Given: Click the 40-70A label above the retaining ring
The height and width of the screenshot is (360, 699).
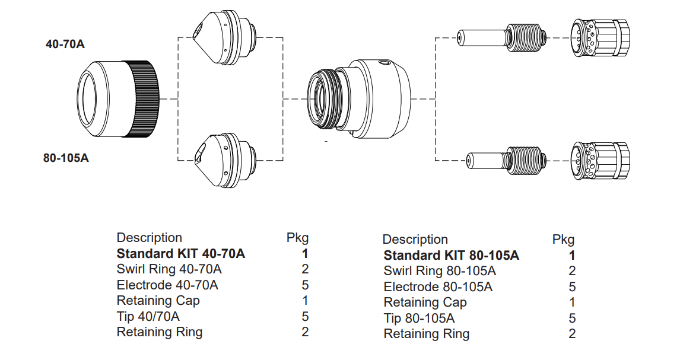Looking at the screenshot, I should click(x=65, y=44).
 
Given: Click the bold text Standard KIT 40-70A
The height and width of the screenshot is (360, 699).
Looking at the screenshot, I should click(x=180, y=254).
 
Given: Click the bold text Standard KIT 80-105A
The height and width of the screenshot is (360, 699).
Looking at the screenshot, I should click(x=451, y=256).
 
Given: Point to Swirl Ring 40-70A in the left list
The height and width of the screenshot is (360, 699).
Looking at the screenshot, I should click(x=169, y=269).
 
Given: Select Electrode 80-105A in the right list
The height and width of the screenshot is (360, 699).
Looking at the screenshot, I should click(x=438, y=287).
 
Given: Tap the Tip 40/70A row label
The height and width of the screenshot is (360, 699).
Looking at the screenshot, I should click(x=148, y=316).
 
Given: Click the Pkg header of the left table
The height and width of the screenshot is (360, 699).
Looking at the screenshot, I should click(x=297, y=238).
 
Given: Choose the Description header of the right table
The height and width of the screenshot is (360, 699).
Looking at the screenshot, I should click(x=415, y=240).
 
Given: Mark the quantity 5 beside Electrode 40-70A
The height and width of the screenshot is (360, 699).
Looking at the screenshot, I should click(x=305, y=285).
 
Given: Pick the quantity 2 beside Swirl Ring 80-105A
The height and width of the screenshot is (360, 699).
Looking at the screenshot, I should click(x=572, y=271).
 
